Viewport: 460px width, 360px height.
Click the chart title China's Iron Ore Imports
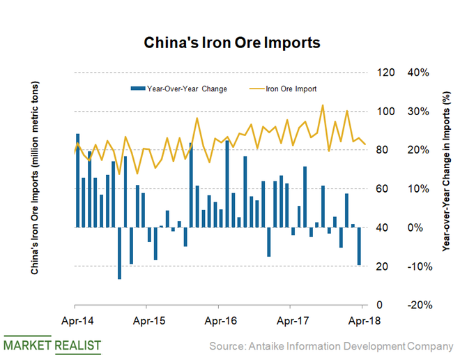coord(231,43)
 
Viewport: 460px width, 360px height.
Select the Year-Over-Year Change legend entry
coord(183,89)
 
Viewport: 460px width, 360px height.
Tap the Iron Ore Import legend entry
coord(287,89)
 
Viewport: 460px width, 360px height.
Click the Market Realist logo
coord(52,345)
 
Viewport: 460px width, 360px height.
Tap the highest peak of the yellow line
coord(323,105)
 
